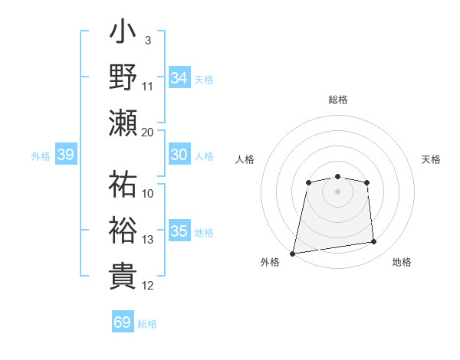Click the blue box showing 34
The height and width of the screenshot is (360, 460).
click(179, 77)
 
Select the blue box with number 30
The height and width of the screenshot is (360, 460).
click(179, 155)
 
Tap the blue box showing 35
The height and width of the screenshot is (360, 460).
click(179, 231)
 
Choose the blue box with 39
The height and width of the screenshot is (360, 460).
click(66, 155)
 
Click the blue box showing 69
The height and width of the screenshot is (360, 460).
click(123, 322)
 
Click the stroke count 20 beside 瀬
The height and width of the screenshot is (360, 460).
click(148, 132)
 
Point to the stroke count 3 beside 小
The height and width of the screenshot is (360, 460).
click(148, 39)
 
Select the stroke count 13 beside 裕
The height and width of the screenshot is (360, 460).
click(148, 240)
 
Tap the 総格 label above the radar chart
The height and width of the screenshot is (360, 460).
click(337, 100)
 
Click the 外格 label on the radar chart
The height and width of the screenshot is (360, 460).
click(270, 262)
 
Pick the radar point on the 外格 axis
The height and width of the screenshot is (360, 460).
click(293, 253)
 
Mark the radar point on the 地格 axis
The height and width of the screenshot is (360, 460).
click(374, 242)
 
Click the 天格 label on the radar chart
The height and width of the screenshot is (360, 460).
click(431, 159)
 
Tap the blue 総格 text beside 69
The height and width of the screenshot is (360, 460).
click(147, 324)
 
